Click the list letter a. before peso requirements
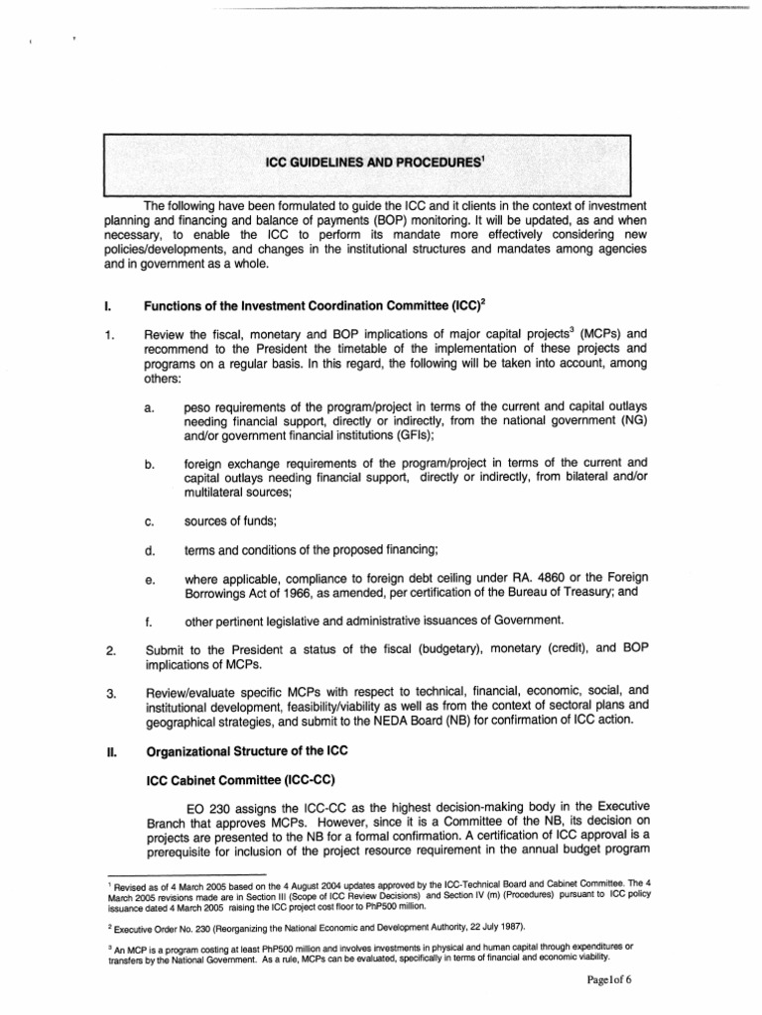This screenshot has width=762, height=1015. (148, 407)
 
